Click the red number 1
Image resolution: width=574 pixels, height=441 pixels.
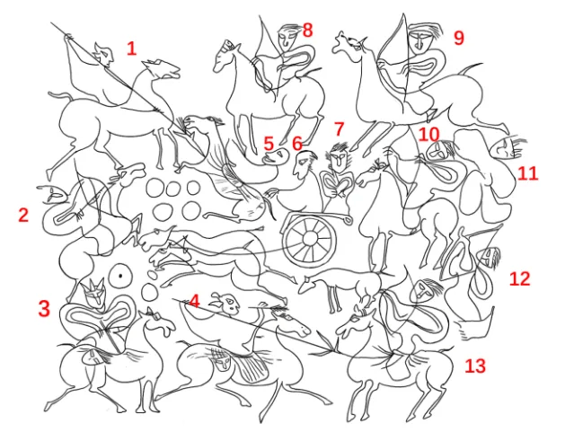[131, 49]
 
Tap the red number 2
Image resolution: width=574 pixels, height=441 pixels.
[23, 215]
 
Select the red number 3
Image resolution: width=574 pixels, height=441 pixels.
[44, 308]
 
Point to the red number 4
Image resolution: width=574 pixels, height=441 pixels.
[194, 302]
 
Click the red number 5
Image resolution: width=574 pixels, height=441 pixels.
[269, 144]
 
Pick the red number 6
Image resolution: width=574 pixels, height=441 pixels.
[297, 143]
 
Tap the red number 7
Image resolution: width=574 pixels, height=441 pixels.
[340, 128]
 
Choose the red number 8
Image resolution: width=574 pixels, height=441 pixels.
[307, 31]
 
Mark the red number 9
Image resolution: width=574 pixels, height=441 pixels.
[459, 38]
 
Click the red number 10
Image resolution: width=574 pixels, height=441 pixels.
[428, 135]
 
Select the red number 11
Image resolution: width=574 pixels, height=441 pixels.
[528, 173]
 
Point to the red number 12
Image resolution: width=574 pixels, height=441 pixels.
[520, 278]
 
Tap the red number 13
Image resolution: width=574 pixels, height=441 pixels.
[475, 366]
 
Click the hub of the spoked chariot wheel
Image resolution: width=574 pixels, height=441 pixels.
[310, 239]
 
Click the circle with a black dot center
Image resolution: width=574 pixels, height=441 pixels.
[120, 276]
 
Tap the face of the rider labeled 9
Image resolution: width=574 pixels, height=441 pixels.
[420, 40]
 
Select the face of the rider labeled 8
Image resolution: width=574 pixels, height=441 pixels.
[287, 39]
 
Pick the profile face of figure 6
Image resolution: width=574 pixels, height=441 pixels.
[304, 164]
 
